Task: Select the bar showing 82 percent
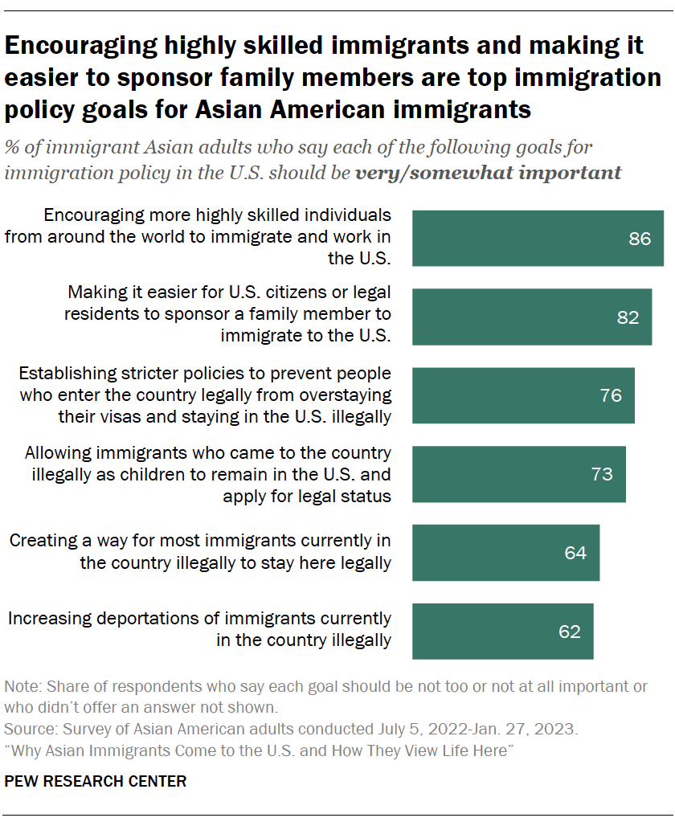[531, 317]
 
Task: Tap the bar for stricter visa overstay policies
[522, 395]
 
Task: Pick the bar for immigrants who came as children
[518, 473]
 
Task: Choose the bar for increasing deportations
[502, 632]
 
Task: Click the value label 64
[575, 553]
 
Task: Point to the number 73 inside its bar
[602, 474]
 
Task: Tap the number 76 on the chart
[611, 395]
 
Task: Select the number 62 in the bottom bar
[569, 632]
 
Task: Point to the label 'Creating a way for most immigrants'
[200, 552]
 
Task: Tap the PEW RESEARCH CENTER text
[96, 780]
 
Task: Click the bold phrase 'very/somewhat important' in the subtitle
[489, 173]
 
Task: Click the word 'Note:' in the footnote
[22, 687]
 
